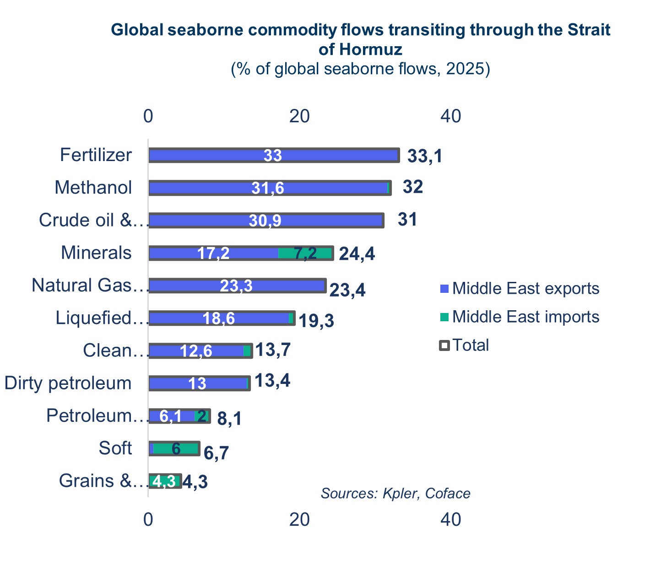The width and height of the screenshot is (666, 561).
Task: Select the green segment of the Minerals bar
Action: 305,253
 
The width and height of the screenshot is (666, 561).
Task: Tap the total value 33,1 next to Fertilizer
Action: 425,156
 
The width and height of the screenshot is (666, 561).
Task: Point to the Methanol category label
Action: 93,188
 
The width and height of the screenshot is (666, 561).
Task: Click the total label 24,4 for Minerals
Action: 357,254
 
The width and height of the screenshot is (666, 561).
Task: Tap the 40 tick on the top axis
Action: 450,116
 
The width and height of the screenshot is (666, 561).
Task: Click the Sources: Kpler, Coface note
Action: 395,493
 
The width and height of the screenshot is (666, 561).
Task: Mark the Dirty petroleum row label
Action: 68,383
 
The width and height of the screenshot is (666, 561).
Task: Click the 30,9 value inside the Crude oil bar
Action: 265,221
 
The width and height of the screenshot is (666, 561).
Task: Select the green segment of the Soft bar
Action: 176,449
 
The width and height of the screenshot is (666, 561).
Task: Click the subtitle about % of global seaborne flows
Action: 360,69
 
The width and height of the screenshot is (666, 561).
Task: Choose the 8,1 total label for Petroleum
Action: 229,418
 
